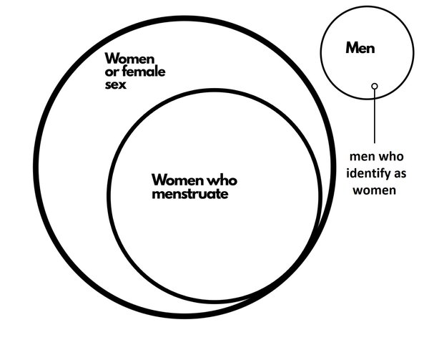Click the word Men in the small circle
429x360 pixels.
click(360, 48)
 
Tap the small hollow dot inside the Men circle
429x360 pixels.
click(375, 86)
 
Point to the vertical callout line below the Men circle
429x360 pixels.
click(375, 116)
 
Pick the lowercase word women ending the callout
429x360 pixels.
click(374, 190)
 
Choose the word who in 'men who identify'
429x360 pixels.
click(392, 156)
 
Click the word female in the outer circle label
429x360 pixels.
click(144, 72)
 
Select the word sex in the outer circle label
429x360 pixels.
click(115, 84)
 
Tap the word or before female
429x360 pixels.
click(112, 72)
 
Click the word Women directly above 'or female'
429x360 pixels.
click(129, 58)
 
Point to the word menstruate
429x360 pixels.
click(190, 194)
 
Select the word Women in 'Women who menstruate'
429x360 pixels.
click(178, 180)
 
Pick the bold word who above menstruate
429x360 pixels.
click(222, 180)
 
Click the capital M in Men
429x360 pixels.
click(352, 48)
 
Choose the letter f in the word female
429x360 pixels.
click(125, 72)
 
